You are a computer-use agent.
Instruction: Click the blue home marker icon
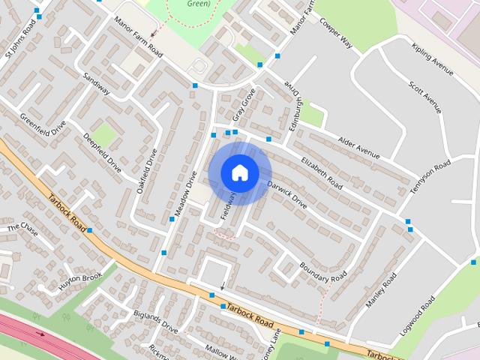pos(239,172)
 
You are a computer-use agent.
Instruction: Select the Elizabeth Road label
pos(322,173)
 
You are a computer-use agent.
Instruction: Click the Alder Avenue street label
pos(359,146)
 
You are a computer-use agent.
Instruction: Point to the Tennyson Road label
pos(430,178)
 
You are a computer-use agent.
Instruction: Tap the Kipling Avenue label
pos(433,59)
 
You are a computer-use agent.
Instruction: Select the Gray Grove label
pos(244,104)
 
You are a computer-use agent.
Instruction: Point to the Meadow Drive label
pos(184,194)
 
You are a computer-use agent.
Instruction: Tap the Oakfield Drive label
pos(147,172)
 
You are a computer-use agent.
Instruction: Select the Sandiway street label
pos(96,84)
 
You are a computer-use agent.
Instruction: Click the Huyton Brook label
pos(80,281)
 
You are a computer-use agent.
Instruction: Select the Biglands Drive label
pos(155,323)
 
